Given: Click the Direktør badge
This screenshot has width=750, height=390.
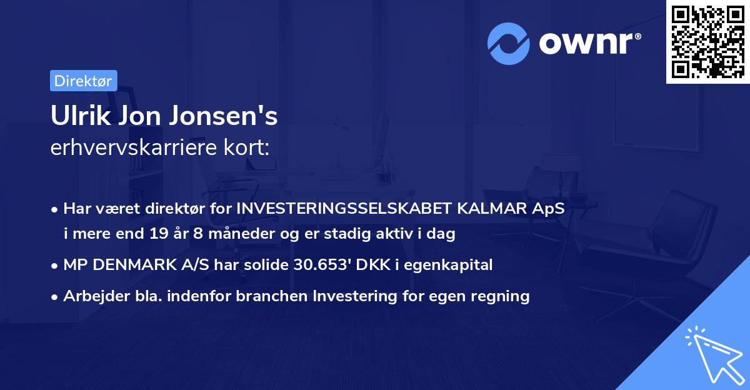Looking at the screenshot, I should [x=83, y=81].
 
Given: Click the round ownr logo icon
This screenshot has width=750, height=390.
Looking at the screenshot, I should [x=507, y=44].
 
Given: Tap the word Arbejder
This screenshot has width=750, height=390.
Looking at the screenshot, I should [x=92, y=296].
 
